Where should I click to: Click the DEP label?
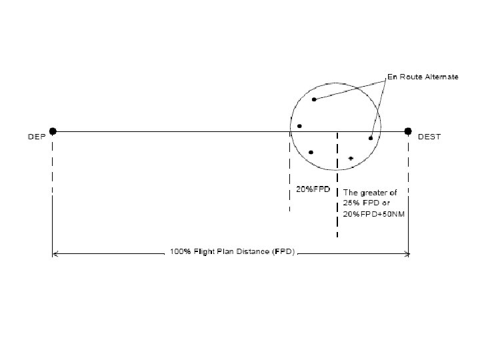click(36, 137)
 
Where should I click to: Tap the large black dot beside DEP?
click(53, 131)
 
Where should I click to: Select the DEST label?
click(429, 137)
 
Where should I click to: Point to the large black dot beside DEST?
click(409, 131)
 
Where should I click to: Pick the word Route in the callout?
click(410, 77)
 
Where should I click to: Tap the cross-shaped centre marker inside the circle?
click(351, 159)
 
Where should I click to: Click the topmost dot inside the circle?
click(314, 99)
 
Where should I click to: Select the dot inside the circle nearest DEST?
click(371, 138)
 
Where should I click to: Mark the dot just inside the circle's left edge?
click(299, 126)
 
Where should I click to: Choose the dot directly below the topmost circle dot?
click(311, 152)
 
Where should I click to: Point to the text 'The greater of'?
click(369, 193)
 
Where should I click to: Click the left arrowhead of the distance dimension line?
click(55, 253)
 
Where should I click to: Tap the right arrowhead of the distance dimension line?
click(407, 253)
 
